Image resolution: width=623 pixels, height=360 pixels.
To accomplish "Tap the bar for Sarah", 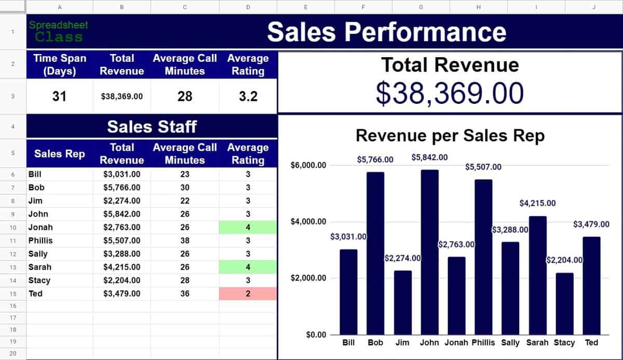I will pos(537,275).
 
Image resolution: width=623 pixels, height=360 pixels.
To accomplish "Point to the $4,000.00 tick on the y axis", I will pos(308,222).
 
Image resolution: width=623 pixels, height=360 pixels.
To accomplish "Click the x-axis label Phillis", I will pos(484,342).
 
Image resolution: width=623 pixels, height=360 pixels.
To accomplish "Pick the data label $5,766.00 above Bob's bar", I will pos(375,159).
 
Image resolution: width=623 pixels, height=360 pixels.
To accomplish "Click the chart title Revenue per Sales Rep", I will pos(450,136).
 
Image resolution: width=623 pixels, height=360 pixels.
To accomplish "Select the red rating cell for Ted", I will pos(248,294).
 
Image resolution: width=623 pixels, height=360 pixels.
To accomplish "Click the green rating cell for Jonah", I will pos(248,227).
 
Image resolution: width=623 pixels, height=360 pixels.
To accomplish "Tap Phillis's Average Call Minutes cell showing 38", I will pos(185,241).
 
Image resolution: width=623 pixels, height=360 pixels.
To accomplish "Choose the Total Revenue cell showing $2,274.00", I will pos(121,201).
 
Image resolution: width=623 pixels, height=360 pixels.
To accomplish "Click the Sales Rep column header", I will pos(59,153).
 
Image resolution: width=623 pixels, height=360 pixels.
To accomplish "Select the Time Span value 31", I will pos(59,96).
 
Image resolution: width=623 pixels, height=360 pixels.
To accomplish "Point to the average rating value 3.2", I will pos(248,96).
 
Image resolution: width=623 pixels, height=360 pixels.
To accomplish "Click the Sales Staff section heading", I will pos(152,126).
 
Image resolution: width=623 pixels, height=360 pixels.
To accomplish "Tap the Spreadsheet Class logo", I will pos(59,31).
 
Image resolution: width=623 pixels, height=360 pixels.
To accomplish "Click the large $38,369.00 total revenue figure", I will pos(450,93).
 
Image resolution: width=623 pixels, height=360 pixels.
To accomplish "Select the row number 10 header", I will pos(12,227).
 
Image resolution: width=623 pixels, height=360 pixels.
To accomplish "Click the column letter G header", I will pos(421,7).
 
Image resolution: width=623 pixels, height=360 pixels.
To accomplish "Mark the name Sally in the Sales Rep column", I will pos(38,254).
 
